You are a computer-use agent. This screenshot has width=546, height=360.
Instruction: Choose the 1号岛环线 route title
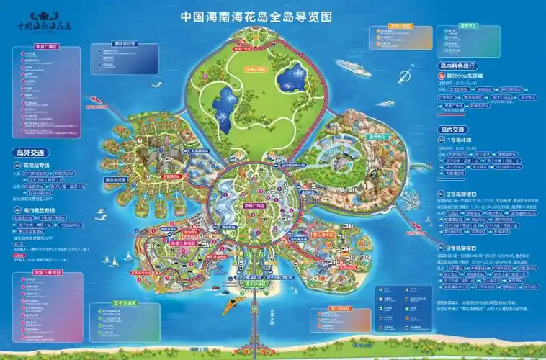(x=461, y=139)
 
